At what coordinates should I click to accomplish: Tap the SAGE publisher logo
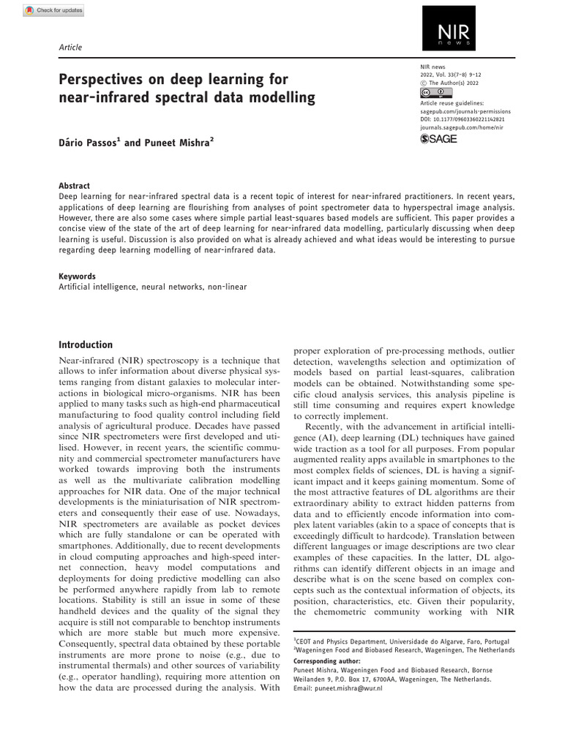click(x=438, y=139)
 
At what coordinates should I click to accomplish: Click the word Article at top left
click(x=70, y=48)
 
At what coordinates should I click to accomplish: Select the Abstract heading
click(x=74, y=186)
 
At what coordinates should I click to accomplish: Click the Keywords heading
click(x=77, y=276)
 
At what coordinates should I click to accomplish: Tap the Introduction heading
click(x=86, y=345)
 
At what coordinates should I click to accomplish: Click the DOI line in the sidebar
click(x=459, y=118)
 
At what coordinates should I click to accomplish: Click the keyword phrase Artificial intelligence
click(x=99, y=287)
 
